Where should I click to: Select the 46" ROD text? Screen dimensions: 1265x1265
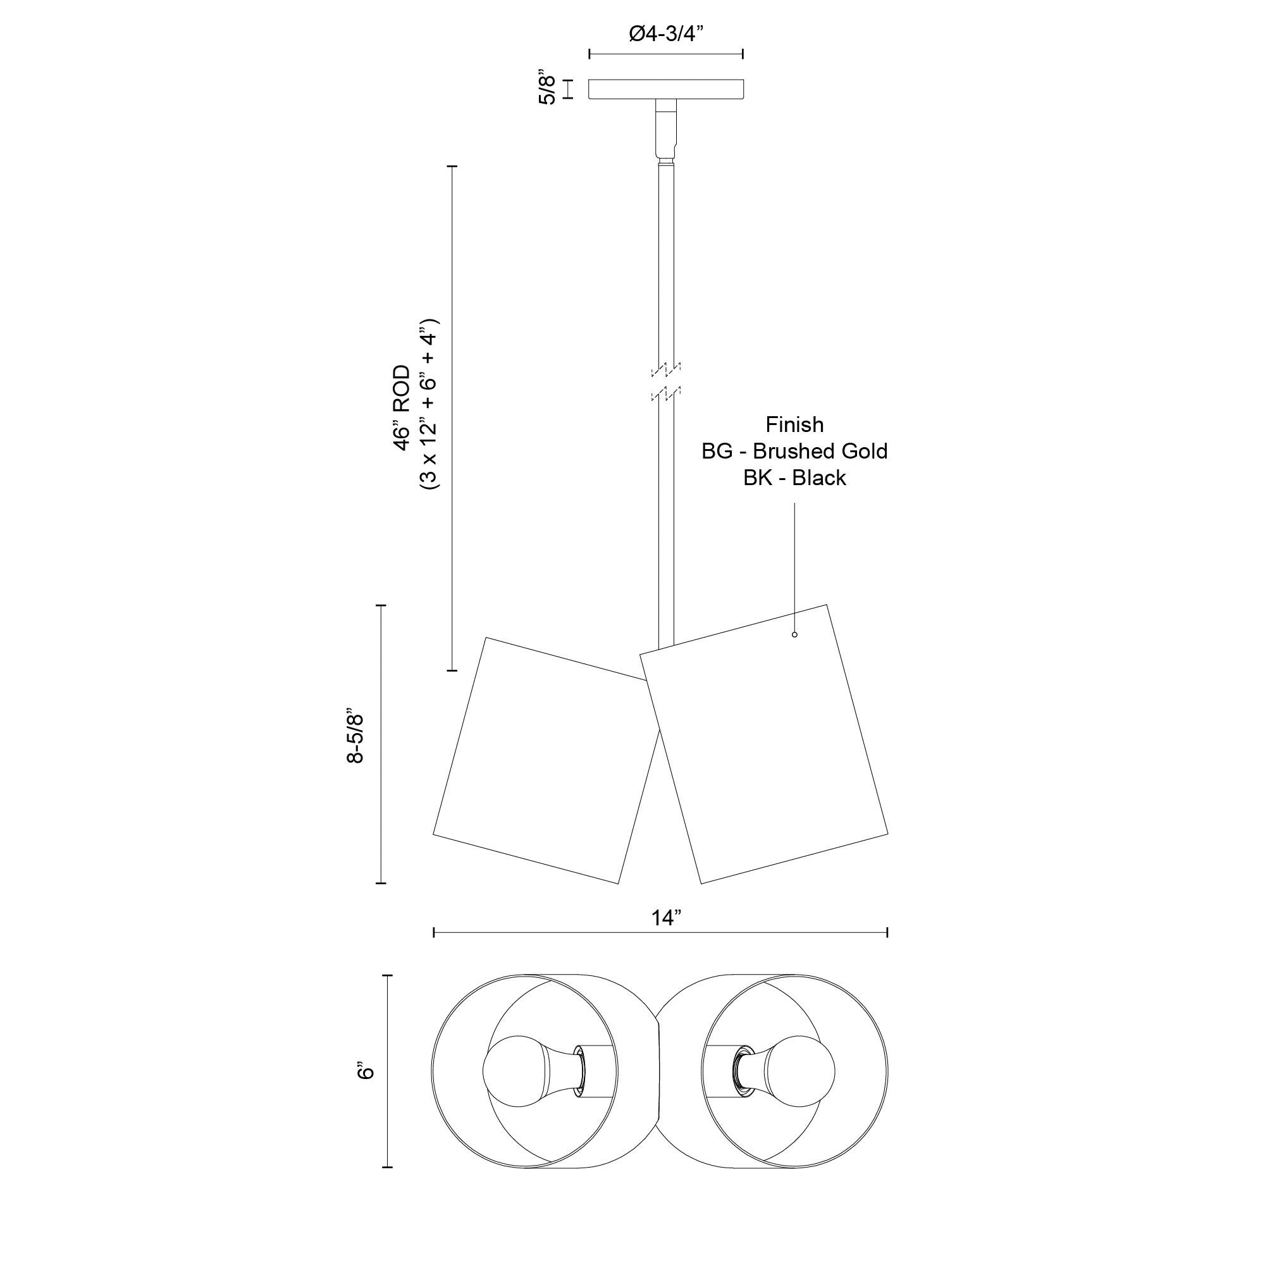click(x=402, y=408)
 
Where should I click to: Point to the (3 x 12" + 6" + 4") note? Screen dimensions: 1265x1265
click(x=430, y=406)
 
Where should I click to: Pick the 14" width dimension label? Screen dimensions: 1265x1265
click(x=667, y=918)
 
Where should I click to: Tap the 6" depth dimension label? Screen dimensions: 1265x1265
click(x=367, y=1071)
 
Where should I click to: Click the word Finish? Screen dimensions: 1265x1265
click(x=794, y=425)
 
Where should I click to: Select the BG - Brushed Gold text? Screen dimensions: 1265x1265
click(x=794, y=451)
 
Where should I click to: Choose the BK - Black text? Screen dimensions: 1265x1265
click(x=794, y=478)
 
